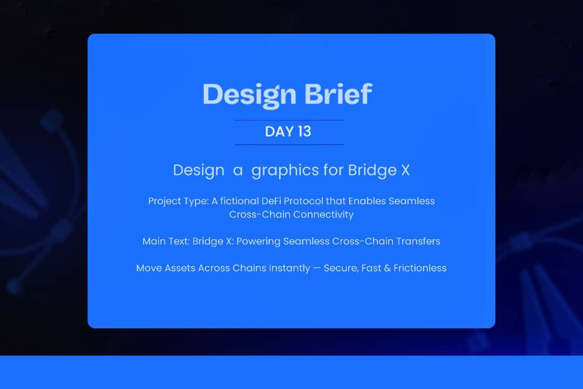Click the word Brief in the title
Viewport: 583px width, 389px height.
338,94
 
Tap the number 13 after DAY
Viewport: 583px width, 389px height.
303,132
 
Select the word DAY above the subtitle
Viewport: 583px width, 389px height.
277,132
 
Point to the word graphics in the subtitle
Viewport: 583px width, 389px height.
285,171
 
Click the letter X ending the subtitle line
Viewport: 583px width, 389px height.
405,170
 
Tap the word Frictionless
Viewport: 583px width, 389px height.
419,268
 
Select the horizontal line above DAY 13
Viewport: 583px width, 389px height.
289,120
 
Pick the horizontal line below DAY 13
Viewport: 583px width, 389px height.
289,145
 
